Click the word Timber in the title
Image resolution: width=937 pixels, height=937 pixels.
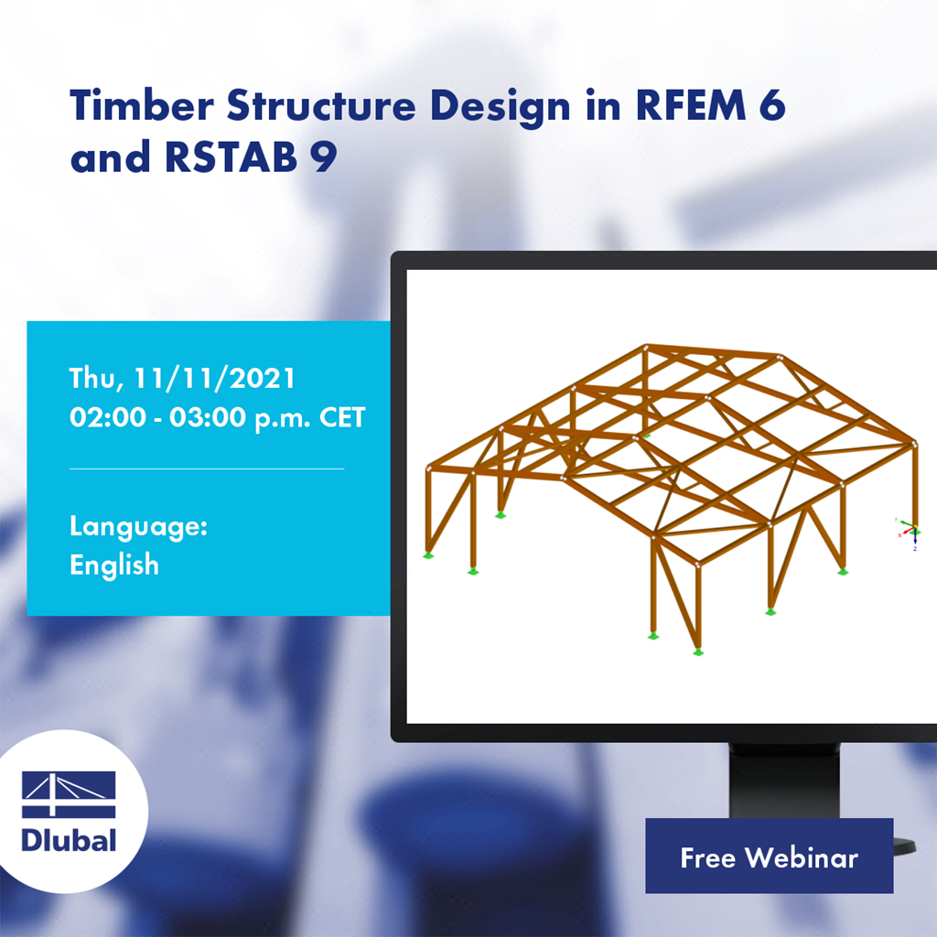point(141,108)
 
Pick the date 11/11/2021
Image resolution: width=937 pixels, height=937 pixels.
point(216,378)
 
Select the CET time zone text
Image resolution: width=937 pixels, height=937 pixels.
point(339,417)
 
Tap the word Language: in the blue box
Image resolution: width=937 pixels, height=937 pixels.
point(138,526)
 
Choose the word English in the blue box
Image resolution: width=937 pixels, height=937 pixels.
point(114,565)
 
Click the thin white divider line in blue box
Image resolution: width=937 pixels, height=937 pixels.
point(207,468)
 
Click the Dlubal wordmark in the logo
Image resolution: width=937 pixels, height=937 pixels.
point(69,840)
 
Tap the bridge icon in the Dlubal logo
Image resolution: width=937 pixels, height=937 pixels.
point(69,794)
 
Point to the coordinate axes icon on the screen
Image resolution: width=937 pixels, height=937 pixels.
point(907,531)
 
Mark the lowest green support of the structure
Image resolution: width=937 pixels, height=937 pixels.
point(698,652)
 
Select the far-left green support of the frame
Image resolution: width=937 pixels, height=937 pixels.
point(427,555)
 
